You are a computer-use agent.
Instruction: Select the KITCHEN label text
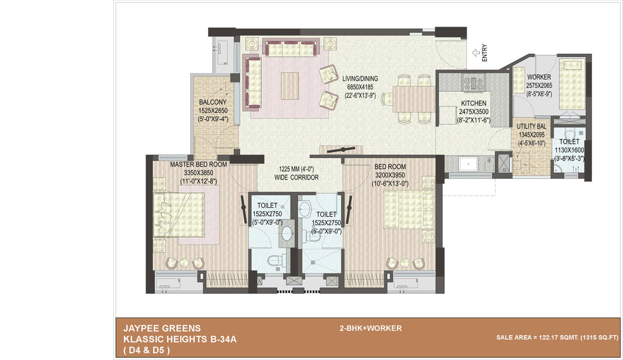point(473,104)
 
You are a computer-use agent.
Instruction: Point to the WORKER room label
point(539,77)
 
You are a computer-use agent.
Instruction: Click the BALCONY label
point(212,102)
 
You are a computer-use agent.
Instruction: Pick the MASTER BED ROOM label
point(198,165)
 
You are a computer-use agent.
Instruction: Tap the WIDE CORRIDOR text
point(296,177)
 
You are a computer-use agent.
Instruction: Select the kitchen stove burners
point(473,84)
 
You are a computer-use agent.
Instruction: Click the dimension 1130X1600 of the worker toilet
point(569,150)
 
